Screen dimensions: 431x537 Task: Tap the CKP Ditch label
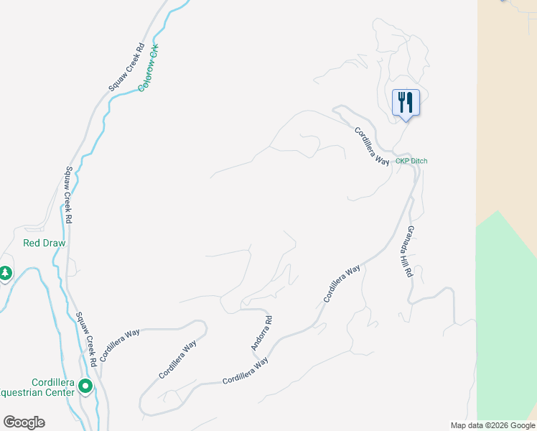point(411,161)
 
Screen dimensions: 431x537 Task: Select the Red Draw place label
point(45,243)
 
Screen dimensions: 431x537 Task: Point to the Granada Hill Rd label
point(407,251)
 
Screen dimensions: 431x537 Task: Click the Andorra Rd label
point(261,333)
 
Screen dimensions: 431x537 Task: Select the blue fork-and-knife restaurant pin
point(406,103)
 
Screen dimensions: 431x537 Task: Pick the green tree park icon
point(5,273)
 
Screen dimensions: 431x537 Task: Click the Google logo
point(24,422)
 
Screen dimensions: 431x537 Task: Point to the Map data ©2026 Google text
point(492,425)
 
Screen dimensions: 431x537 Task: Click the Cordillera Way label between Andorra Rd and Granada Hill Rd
point(341,283)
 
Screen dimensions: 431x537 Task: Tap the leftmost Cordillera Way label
point(120,344)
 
